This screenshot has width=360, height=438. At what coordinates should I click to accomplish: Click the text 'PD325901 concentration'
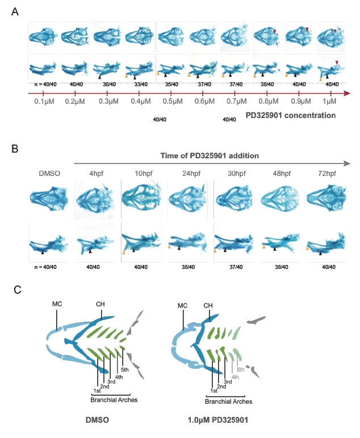point(291,115)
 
